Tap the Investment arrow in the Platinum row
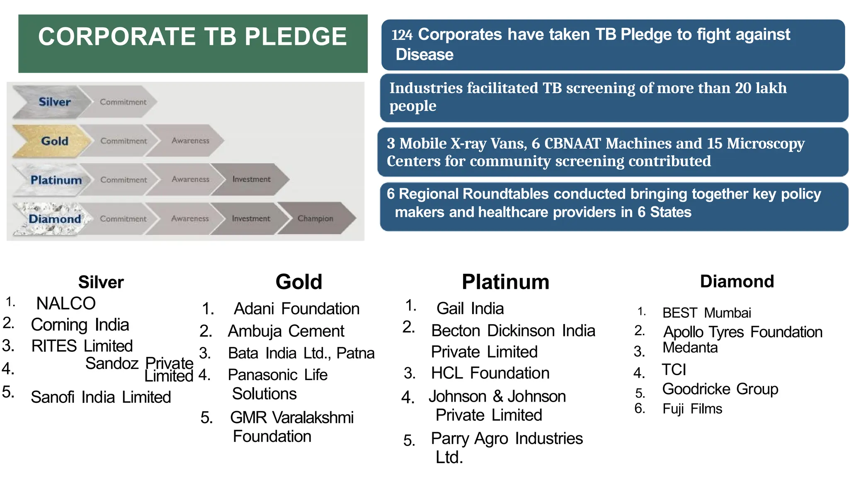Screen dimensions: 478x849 pos(251,179)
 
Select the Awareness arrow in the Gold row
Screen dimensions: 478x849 pos(190,141)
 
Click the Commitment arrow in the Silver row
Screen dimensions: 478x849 pos(123,102)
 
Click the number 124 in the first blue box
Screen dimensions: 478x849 pos(402,35)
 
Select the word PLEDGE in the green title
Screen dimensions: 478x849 pos(295,37)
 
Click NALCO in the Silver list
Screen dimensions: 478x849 pos(66,303)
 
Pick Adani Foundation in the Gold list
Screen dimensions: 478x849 pos(296,309)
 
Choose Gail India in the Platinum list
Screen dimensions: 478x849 pos(470,308)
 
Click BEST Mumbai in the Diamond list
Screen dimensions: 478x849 pos(706,312)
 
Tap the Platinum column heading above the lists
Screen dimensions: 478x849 pos(505,282)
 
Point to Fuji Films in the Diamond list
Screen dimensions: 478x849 pos(692,409)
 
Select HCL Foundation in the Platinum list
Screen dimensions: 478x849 pos(490,373)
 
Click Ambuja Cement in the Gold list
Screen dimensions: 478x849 pos(286,331)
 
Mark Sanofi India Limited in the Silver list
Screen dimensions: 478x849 pos(101,397)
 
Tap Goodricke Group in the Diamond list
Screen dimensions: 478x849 pos(720,389)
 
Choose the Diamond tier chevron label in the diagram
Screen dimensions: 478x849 pos(55,219)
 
